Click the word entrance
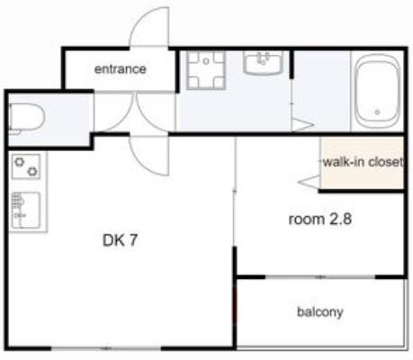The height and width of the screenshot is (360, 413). pyautogui.click(x=121, y=69)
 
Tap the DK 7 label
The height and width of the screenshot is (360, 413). pyautogui.click(x=120, y=240)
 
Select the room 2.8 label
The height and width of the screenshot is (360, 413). pyautogui.click(x=319, y=220)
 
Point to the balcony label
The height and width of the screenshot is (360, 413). pyautogui.click(x=320, y=312)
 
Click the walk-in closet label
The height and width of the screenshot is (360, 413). pyautogui.click(x=363, y=162)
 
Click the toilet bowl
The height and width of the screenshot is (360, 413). pyautogui.click(x=26, y=118)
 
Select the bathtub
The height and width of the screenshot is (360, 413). pyautogui.click(x=377, y=92)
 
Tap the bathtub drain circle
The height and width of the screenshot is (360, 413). pyautogui.click(x=377, y=112)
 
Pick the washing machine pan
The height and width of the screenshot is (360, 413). pyautogui.click(x=206, y=70)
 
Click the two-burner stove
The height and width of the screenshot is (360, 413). pyautogui.click(x=26, y=166)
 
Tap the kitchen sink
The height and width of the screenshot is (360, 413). pyautogui.click(x=26, y=210)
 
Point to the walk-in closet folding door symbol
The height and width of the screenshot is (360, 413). pyautogui.click(x=310, y=182)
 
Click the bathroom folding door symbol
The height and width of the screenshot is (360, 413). pyautogui.click(x=302, y=125)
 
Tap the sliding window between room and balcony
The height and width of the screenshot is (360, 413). pyautogui.click(x=320, y=277)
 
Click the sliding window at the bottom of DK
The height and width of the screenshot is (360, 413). pyautogui.click(x=105, y=348)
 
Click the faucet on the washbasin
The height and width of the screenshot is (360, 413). pyautogui.click(x=263, y=58)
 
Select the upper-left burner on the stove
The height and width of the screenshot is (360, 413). pyautogui.click(x=19, y=162)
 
